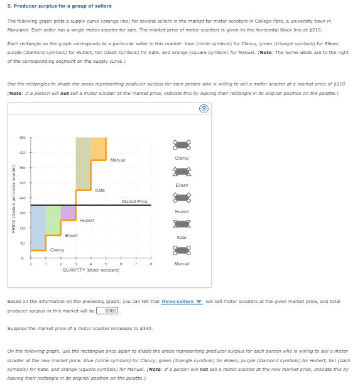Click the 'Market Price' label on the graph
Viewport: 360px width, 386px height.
(x=134, y=201)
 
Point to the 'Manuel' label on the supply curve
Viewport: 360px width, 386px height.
(x=117, y=160)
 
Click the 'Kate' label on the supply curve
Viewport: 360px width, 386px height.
(x=100, y=189)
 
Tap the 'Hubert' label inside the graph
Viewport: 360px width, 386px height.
(x=87, y=220)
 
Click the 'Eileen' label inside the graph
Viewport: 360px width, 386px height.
(x=72, y=235)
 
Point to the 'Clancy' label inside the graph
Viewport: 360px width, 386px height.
(x=57, y=250)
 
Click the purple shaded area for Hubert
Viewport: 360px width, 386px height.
(x=68, y=212)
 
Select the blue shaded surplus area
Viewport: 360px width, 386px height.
(x=38, y=226)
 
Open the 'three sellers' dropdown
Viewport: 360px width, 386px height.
(x=180, y=302)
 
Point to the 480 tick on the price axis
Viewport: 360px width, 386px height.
(x=21, y=138)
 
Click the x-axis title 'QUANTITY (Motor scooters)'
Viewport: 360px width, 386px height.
(x=91, y=269)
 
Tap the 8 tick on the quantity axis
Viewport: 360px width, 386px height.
(x=151, y=264)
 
